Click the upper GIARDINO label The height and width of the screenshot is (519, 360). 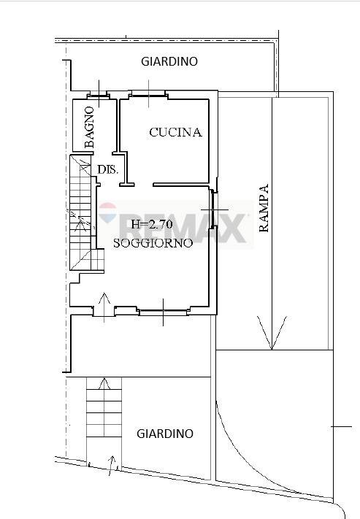click(x=169, y=61)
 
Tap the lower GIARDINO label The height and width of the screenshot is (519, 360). click(x=165, y=434)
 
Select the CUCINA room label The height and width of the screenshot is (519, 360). click(x=175, y=132)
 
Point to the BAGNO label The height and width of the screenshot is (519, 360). click(x=89, y=127)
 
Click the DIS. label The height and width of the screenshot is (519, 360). click(x=108, y=170)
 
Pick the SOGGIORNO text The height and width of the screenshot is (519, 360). click(x=153, y=243)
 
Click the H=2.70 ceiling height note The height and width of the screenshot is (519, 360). click(x=152, y=224)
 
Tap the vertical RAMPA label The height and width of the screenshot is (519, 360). click(x=264, y=208)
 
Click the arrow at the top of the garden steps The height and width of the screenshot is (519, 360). click(x=104, y=383)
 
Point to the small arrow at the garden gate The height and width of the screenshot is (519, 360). click(x=111, y=466)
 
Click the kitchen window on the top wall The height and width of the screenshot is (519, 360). click(x=148, y=94)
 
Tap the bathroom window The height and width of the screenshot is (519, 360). click(x=99, y=96)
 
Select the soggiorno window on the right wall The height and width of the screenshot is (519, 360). click(x=214, y=209)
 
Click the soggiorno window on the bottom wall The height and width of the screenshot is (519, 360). click(x=164, y=312)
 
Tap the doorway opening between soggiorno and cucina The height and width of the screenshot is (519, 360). click(x=144, y=185)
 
